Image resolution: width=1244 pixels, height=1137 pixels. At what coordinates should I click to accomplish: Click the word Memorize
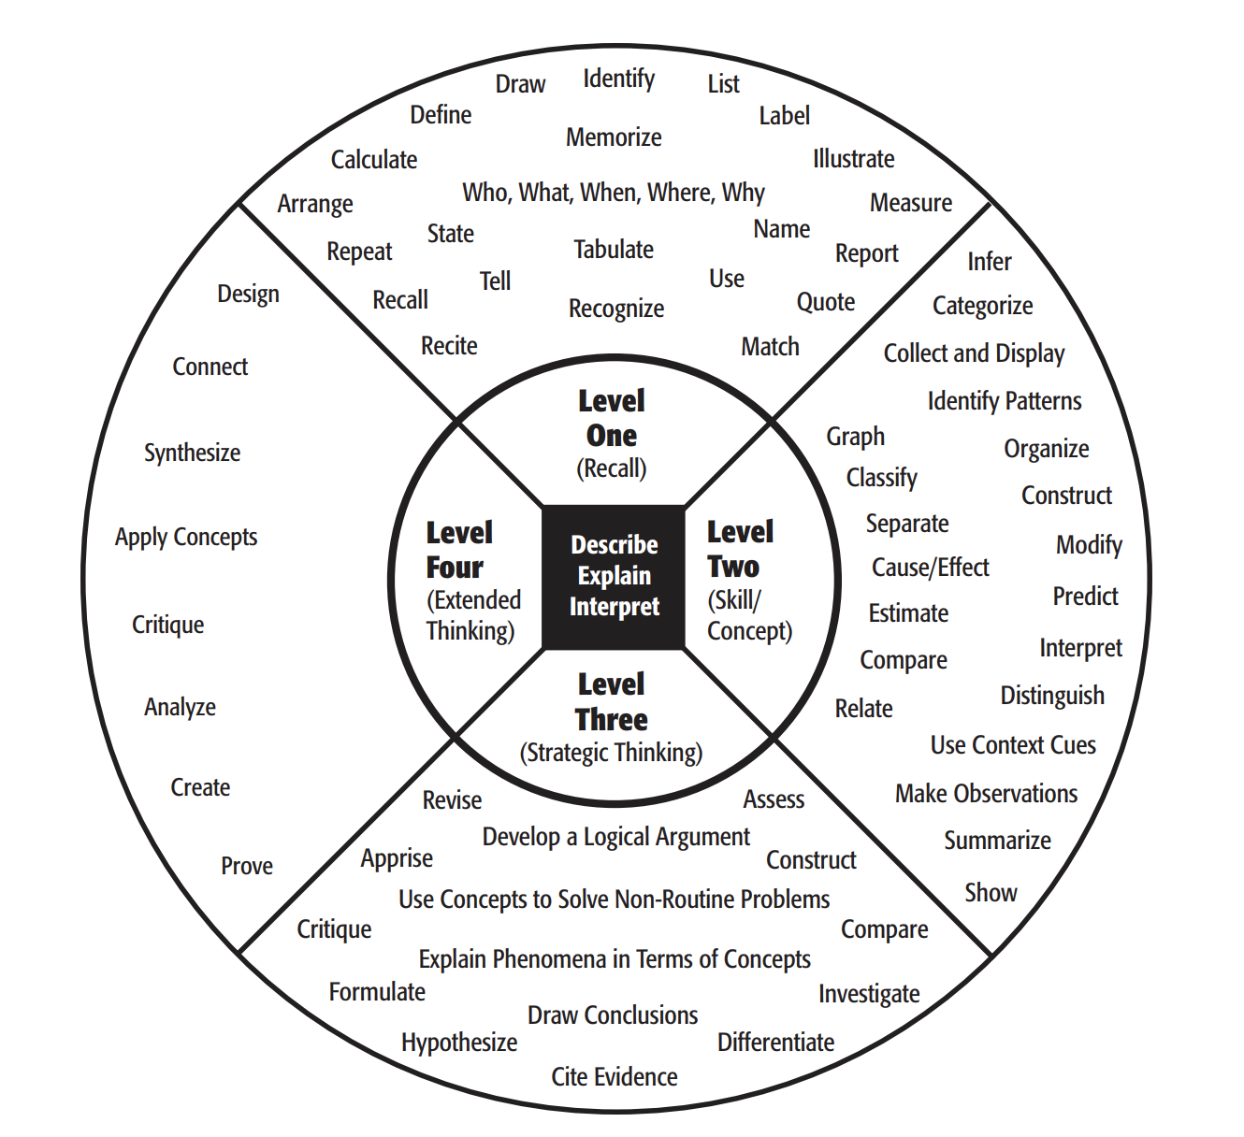tap(614, 137)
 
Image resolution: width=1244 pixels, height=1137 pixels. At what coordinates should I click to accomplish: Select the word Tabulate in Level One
tap(614, 250)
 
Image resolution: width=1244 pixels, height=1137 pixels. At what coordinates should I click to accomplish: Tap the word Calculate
tap(374, 160)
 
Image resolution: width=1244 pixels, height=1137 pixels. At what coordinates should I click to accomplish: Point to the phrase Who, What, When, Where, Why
tap(614, 193)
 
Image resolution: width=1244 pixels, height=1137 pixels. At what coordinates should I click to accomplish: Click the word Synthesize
tap(192, 453)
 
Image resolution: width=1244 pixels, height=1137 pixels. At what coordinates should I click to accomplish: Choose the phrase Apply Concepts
tap(186, 537)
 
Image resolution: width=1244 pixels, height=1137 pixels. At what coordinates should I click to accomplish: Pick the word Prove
tap(247, 866)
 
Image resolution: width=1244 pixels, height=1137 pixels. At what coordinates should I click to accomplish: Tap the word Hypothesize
tap(459, 1042)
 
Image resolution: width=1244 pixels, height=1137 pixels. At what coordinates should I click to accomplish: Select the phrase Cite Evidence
tap(615, 1077)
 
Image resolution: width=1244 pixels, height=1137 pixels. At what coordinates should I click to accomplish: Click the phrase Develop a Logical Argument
tap(615, 837)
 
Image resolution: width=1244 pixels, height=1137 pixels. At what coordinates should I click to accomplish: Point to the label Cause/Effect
tap(930, 568)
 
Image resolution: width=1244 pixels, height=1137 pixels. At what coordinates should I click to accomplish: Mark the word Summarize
tap(997, 841)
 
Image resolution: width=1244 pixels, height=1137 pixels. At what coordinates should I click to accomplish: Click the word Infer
tap(990, 262)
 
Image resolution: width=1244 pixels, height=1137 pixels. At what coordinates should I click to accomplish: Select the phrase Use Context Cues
tap(1013, 745)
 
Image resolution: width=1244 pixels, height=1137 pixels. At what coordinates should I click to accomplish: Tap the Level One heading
tap(612, 418)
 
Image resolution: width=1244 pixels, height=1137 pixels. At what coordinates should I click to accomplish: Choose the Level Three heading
tap(612, 702)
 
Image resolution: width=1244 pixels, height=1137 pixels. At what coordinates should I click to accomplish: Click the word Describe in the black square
tap(615, 544)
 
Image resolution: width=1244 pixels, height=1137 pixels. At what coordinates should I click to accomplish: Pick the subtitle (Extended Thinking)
tap(472, 615)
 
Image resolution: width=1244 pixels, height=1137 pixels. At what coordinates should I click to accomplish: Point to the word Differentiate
tap(775, 1042)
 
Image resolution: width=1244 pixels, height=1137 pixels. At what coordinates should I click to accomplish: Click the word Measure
tap(911, 203)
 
